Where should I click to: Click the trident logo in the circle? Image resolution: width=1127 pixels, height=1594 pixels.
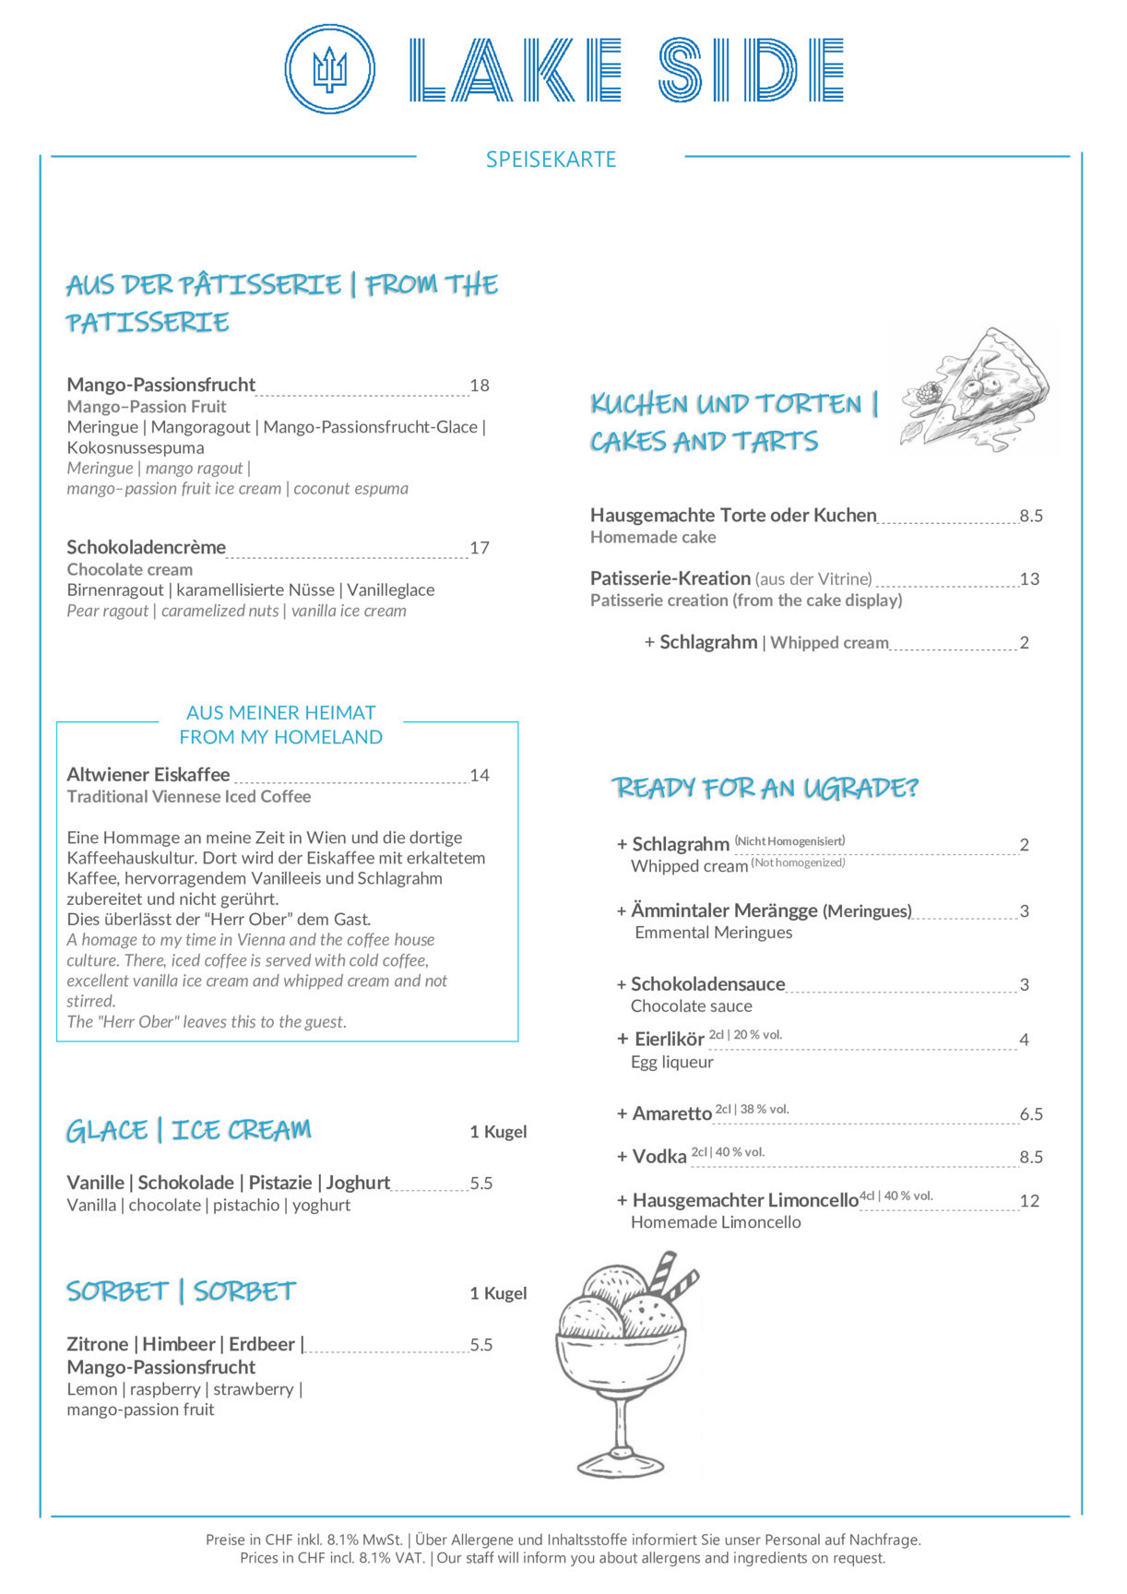point(329,69)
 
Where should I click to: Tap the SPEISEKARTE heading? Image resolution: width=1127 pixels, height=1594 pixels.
point(551,160)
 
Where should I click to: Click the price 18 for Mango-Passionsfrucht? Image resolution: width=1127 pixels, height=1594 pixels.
point(480,386)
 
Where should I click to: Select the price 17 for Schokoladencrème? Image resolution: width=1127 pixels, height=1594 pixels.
point(480,548)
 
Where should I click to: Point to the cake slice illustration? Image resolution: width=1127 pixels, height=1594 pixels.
point(975,390)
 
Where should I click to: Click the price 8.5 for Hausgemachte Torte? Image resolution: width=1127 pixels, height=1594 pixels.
point(1031,516)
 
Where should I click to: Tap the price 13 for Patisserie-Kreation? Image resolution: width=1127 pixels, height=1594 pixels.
point(1029,579)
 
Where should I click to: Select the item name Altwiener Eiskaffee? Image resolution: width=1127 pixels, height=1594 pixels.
point(148,775)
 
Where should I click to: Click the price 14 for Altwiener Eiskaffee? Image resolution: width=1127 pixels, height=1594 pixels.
point(480,776)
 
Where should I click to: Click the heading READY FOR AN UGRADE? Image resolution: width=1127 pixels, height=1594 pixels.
point(765,788)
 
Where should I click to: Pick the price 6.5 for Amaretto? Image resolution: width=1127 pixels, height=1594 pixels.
point(1031,1114)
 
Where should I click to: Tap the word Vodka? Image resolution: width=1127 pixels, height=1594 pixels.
point(659,1157)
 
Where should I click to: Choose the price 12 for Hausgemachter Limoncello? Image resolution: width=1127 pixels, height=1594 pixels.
point(1029,1201)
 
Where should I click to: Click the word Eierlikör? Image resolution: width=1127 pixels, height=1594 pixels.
point(670,1040)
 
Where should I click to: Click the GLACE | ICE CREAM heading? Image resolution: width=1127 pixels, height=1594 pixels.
point(188,1131)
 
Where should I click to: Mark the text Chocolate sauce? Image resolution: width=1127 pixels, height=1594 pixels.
point(692,1006)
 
